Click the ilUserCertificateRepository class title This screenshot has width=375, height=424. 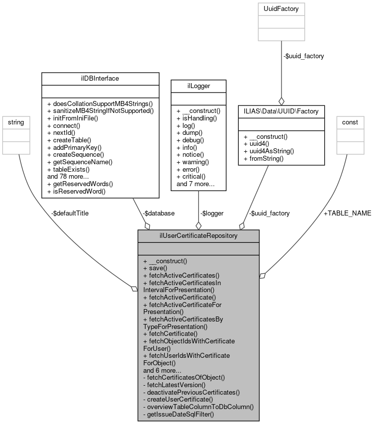pyautogui.click(x=198, y=235)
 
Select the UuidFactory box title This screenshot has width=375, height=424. pyautogui.click(x=281, y=8)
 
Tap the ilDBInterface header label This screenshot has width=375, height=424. pyautogui.click(x=100, y=78)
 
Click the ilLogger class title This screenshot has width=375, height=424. pyautogui.click(x=198, y=86)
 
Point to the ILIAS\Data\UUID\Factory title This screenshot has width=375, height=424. pyautogui.click(x=281, y=111)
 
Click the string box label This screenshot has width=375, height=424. pyautogui.click(x=13, y=121)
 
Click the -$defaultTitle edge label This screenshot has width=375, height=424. pyautogui.click(x=70, y=213)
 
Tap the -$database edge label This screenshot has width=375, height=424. pyautogui.click(x=159, y=213)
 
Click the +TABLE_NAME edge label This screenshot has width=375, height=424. pyautogui.click(x=348, y=213)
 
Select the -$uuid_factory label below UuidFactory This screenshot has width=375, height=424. pyautogui.click(x=303, y=56)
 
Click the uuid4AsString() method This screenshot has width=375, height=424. pyautogui.click(x=269, y=151)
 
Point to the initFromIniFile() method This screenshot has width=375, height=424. pyautogui.click(x=80, y=118)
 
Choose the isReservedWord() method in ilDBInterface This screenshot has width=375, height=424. pyautogui.click(x=77, y=191)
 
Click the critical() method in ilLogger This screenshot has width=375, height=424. pyautogui.click(x=194, y=177)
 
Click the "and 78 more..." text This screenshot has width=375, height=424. pyautogui.click(x=68, y=176)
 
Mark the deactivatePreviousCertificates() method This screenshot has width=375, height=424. pyautogui.click(x=191, y=392)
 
